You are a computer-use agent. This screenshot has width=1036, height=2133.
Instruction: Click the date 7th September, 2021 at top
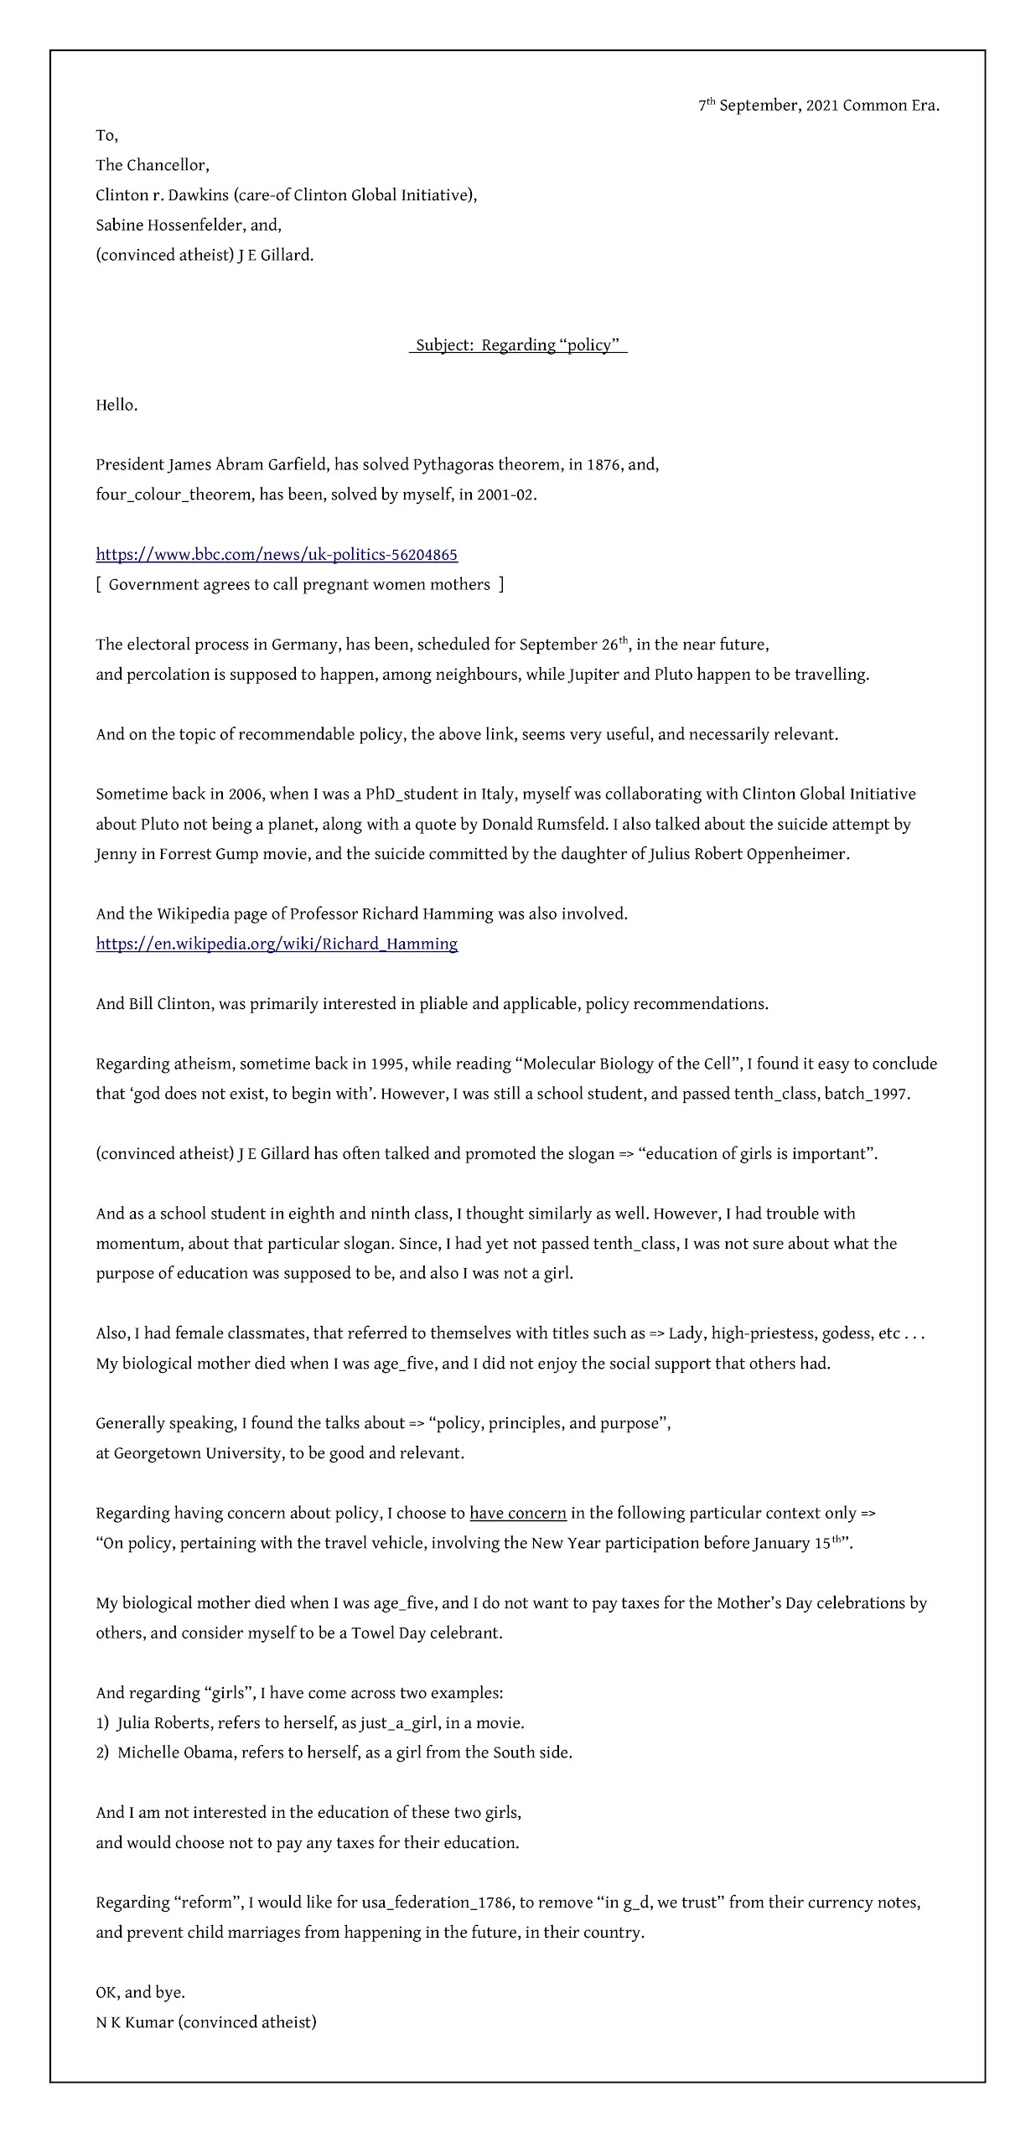pyautogui.click(x=818, y=106)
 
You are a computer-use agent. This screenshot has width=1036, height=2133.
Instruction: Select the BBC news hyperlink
pyautogui.click(x=277, y=555)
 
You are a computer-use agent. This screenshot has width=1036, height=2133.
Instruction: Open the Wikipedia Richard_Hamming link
pyautogui.click(x=277, y=945)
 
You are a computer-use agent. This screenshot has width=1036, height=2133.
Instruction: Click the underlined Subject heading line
pyautogui.click(x=517, y=345)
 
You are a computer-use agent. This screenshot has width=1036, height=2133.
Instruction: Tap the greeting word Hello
pyautogui.click(x=117, y=406)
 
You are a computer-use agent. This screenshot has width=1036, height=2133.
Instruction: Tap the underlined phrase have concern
pyautogui.click(x=517, y=1514)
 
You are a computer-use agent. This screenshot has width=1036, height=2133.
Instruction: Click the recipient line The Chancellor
pyautogui.click(x=153, y=165)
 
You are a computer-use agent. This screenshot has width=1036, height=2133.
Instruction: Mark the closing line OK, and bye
pyautogui.click(x=140, y=1992)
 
